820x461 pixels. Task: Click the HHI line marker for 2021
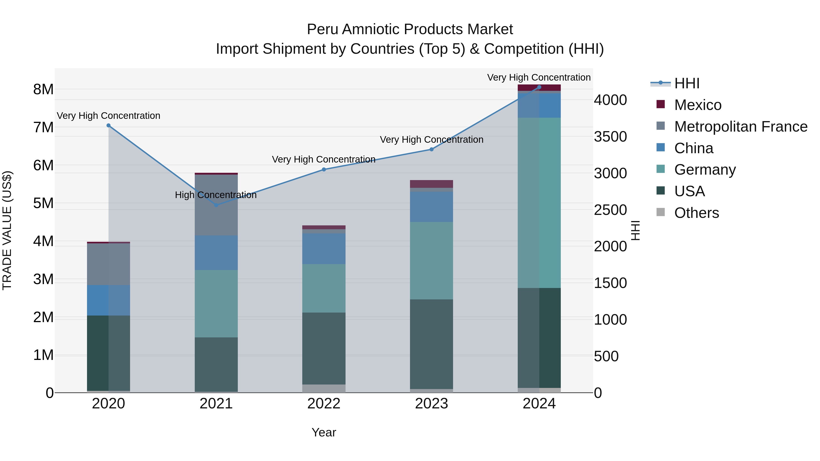tap(216, 205)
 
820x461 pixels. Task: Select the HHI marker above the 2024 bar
tap(539, 87)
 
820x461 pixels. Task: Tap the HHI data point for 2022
tap(324, 170)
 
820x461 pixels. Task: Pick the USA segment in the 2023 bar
tap(431, 344)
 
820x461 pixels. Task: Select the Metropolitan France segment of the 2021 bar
tap(216, 205)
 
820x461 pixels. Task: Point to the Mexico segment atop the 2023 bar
tap(431, 184)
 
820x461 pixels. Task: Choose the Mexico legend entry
tap(697, 105)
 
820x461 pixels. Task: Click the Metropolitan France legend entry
tap(741, 127)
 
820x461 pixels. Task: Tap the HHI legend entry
tap(687, 83)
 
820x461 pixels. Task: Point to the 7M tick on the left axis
tap(43, 127)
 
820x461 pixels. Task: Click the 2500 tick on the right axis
tap(610, 210)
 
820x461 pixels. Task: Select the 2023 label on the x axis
tap(431, 404)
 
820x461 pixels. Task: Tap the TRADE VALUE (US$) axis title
tap(7, 230)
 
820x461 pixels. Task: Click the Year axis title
tap(324, 432)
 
